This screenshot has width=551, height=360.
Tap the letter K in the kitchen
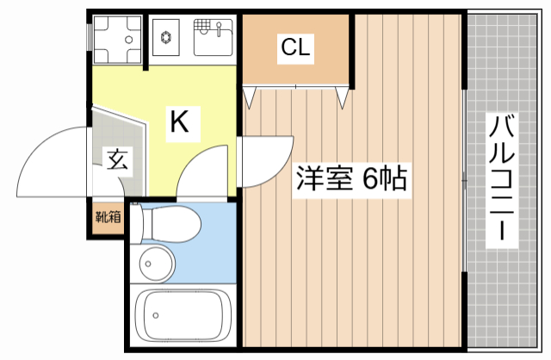[x=178, y=121]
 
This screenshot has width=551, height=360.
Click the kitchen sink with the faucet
[x=213, y=36]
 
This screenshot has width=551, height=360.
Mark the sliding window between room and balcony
[x=464, y=181]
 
